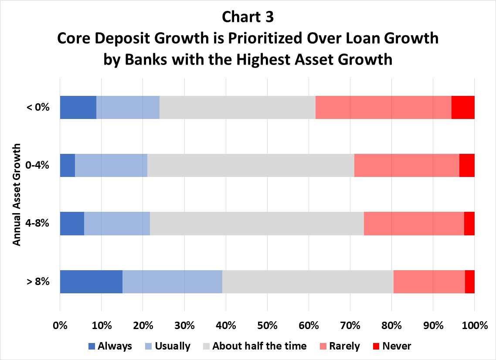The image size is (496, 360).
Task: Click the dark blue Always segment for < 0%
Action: tap(78, 107)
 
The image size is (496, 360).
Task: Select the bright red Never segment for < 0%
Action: tap(463, 107)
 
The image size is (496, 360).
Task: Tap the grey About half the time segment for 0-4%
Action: tap(251, 166)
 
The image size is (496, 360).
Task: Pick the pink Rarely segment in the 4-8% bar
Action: tap(414, 224)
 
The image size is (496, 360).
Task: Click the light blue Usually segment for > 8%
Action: tap(173, 282)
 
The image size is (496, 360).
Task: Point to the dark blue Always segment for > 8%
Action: tap(91, 282)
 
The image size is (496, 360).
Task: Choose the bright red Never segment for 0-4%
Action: tap(467, 166)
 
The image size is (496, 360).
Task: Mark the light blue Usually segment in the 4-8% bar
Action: tap(117, 224)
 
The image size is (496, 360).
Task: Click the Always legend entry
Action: tap(110, 346)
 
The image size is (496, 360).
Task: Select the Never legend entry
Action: tap(392, 346)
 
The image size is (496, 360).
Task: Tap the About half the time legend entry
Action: tap(255, 346)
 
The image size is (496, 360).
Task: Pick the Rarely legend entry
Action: tap(340, 346)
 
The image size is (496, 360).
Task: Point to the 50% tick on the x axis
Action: tap(267, 326)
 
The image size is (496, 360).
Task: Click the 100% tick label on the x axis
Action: tap(475, 326)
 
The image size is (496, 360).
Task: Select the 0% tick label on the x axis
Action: tap(60, 326)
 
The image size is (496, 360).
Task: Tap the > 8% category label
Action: tap(38, 281)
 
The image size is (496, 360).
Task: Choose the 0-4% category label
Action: tap(37, 165)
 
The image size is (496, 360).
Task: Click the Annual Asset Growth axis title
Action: tap(17, 194)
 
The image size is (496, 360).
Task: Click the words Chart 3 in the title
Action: tap(248, 17)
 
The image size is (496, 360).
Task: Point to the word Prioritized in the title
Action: tap(265, 38)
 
